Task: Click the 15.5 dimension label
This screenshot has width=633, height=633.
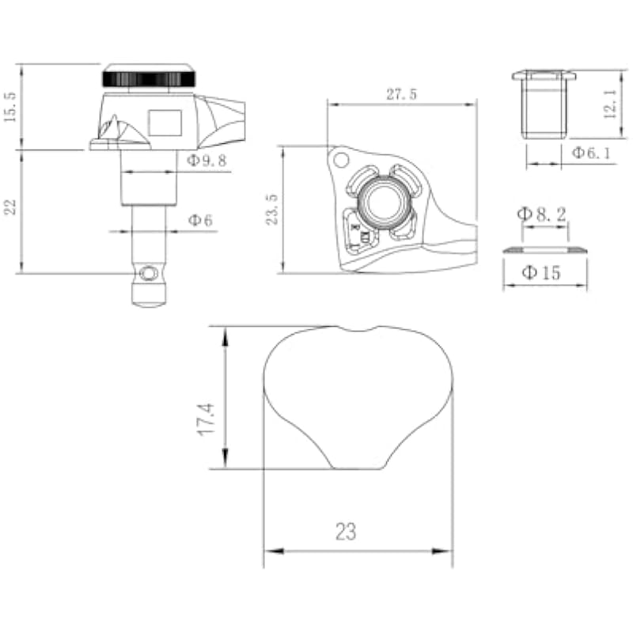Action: pos(10,107)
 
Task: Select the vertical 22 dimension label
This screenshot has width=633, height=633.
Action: pos(10,207)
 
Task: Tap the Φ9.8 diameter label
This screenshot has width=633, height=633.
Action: pos(207,161)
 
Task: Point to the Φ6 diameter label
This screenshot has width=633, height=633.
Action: pos(200,221)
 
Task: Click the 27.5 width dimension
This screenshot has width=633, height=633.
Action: pos(402,94)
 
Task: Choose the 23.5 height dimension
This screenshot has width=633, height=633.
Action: pos(271,209)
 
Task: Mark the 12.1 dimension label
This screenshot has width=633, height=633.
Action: pos(610,104)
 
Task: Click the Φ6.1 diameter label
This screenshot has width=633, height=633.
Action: pos(591,153)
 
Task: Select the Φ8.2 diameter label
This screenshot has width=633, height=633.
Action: pos(541,214)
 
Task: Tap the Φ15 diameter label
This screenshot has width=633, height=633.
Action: pos(541,273)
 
